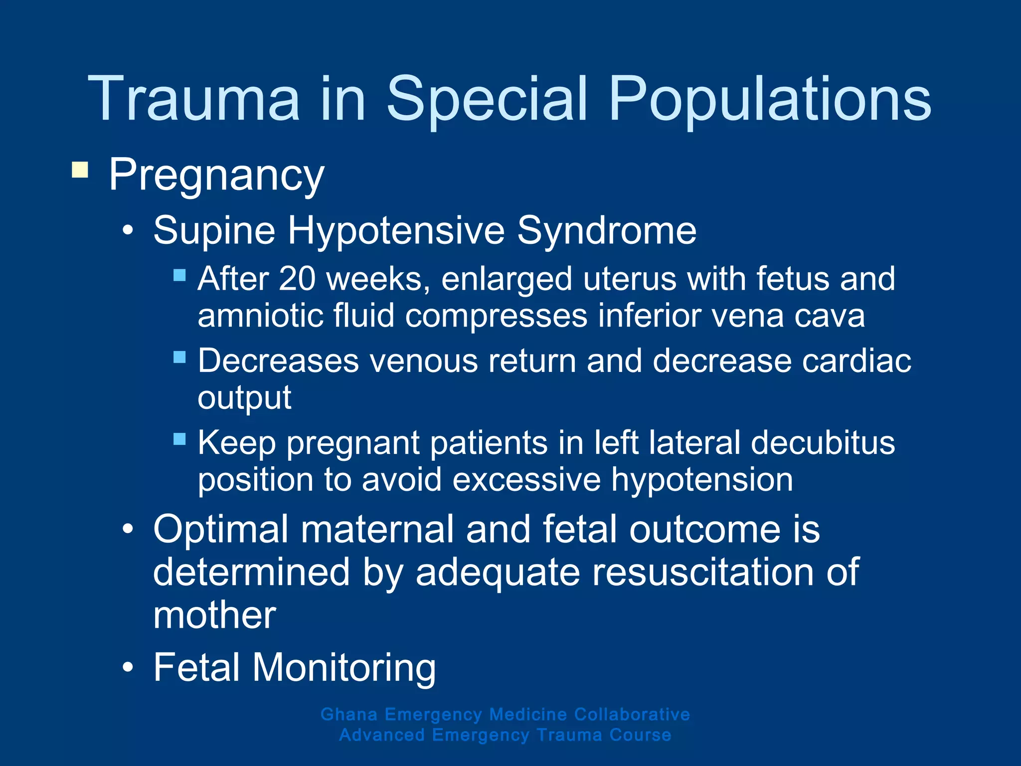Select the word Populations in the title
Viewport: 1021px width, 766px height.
point(770,100)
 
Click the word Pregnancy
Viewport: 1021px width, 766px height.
point(216,176)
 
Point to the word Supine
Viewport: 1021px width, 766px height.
point(214,231)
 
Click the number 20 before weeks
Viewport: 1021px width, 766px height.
point(297,279)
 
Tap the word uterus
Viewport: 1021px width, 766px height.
point(630,279)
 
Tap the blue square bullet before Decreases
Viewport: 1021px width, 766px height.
point(179,357)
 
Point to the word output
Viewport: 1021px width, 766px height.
point(244,398)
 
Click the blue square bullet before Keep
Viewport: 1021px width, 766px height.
point(179,439)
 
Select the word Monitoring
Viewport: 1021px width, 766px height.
point(344,668)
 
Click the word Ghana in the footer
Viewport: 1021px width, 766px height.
point(349,715)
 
